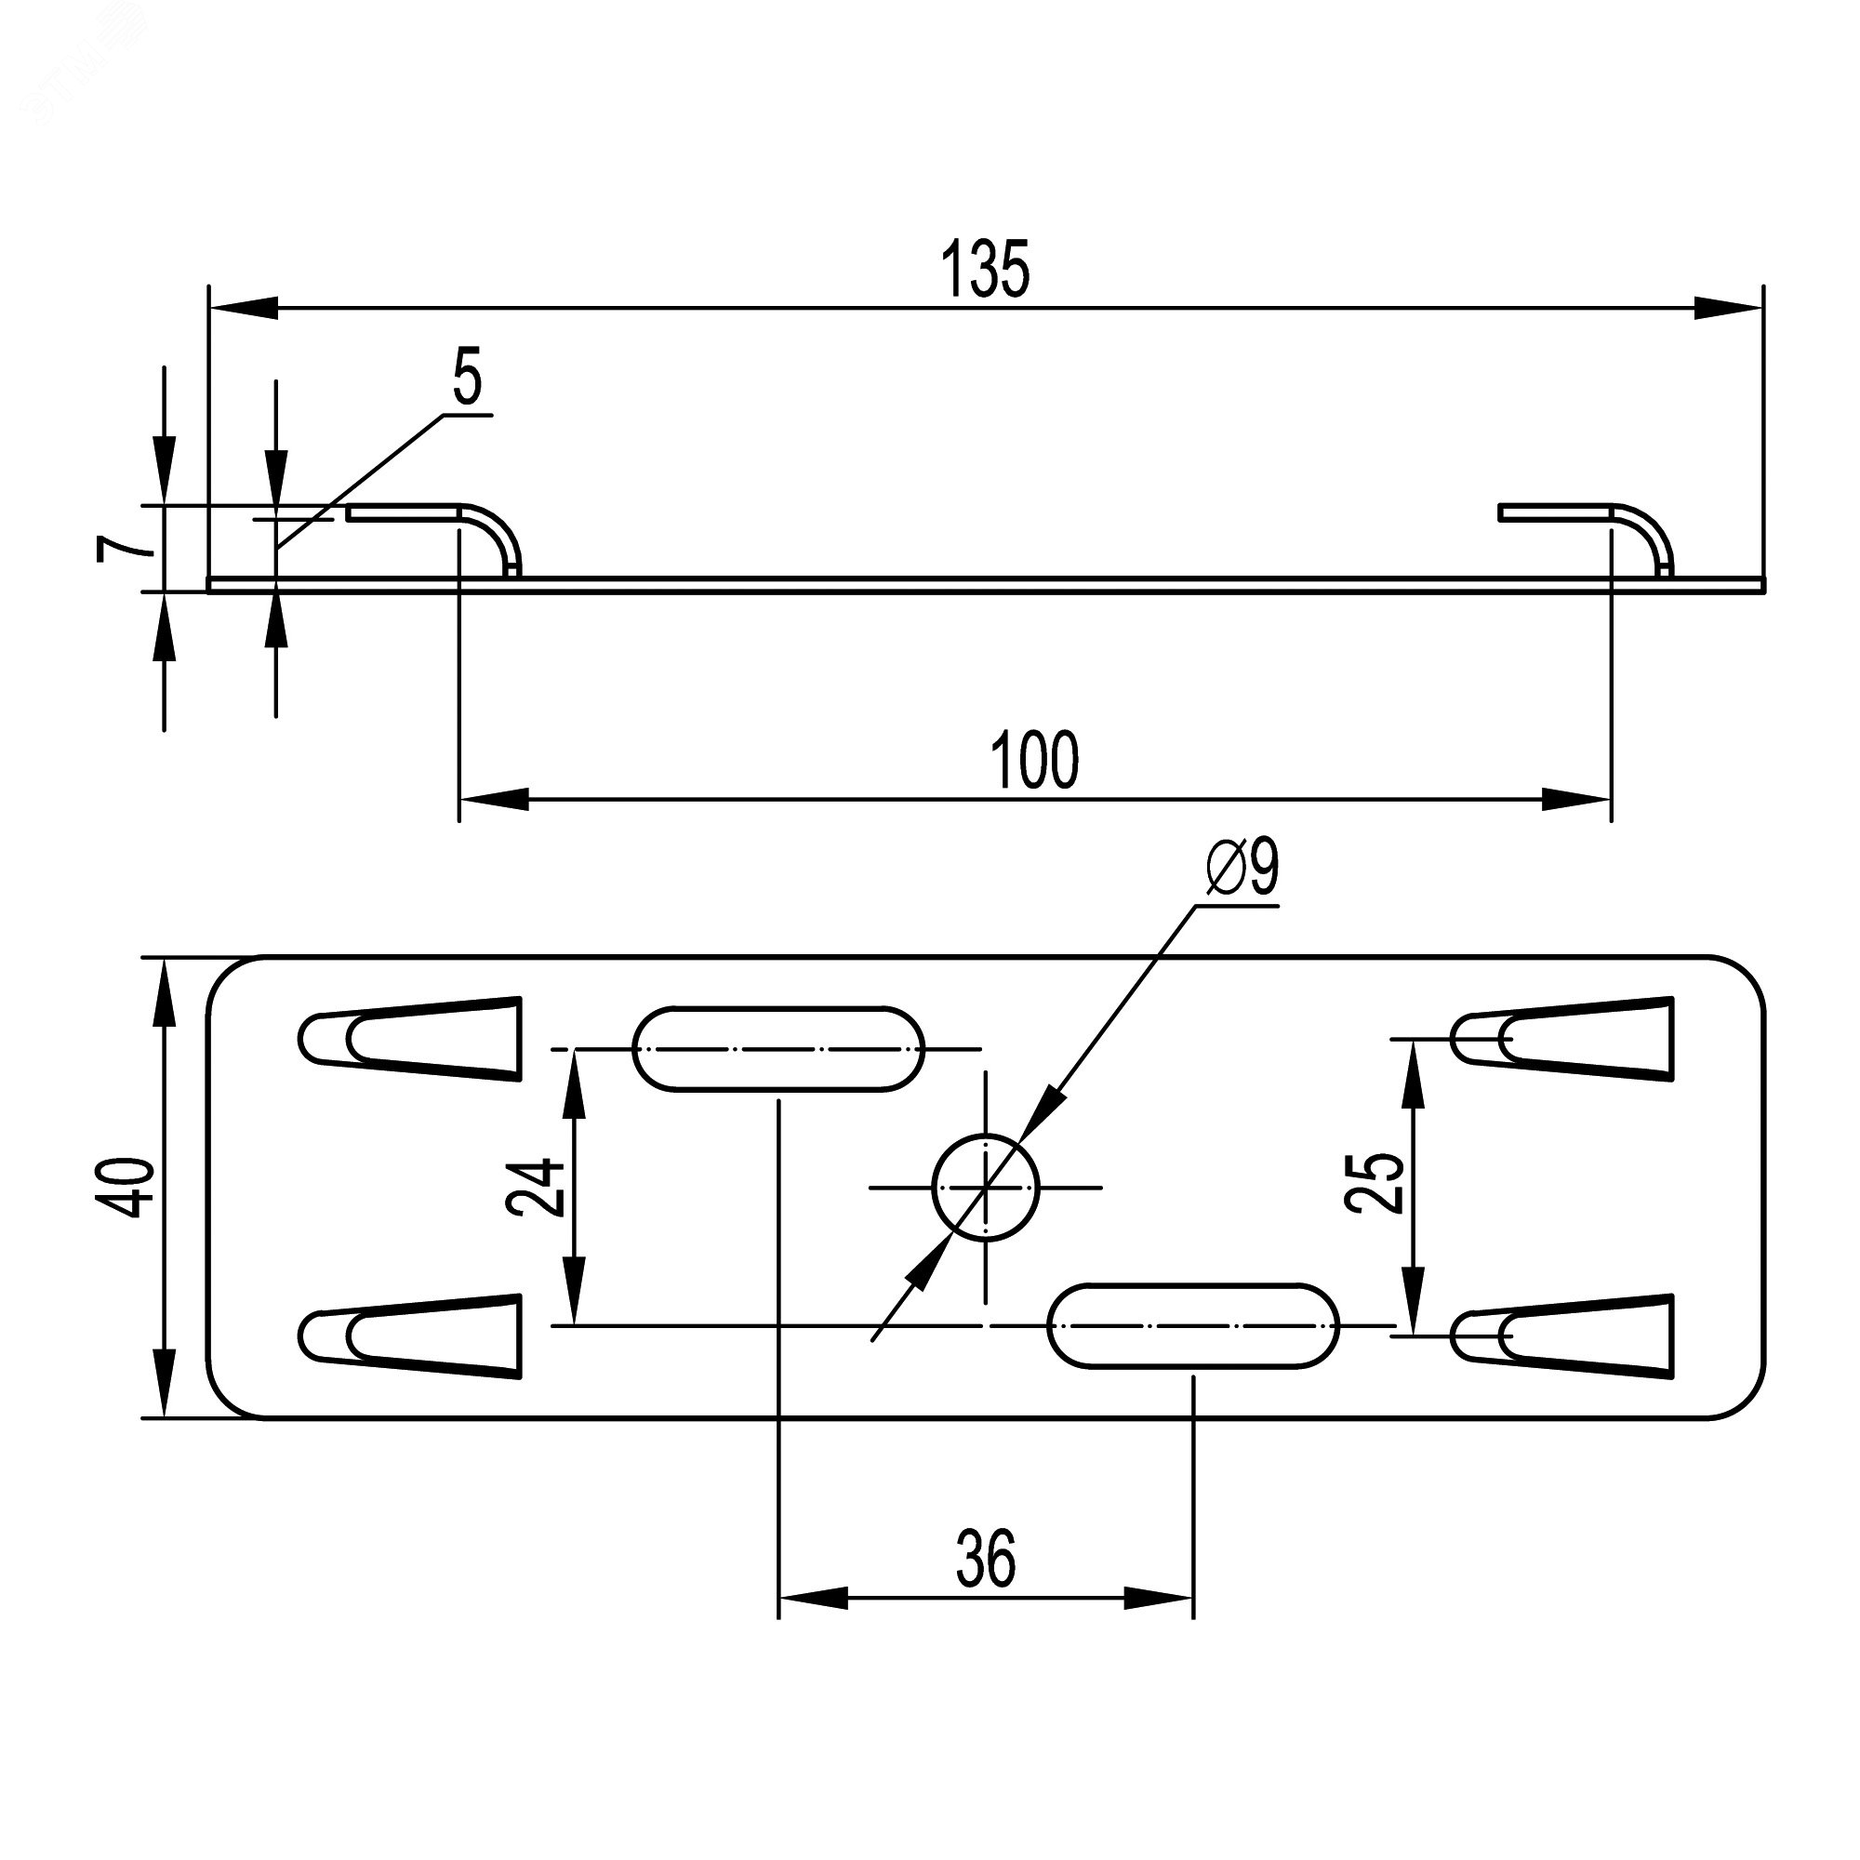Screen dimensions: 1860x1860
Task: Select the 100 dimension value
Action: point(1035,762)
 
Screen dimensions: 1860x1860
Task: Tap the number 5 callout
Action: point(466,379)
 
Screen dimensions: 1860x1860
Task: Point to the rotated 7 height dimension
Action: point(125,548)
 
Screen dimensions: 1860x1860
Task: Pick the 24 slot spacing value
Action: point(538,1187)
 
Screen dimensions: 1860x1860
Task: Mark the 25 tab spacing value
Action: point(1375,1183)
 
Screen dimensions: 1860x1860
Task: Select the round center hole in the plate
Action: point(986,1187)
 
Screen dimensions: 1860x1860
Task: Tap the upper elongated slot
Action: point(777,1048)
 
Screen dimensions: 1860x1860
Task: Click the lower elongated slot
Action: point(1193,1325)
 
